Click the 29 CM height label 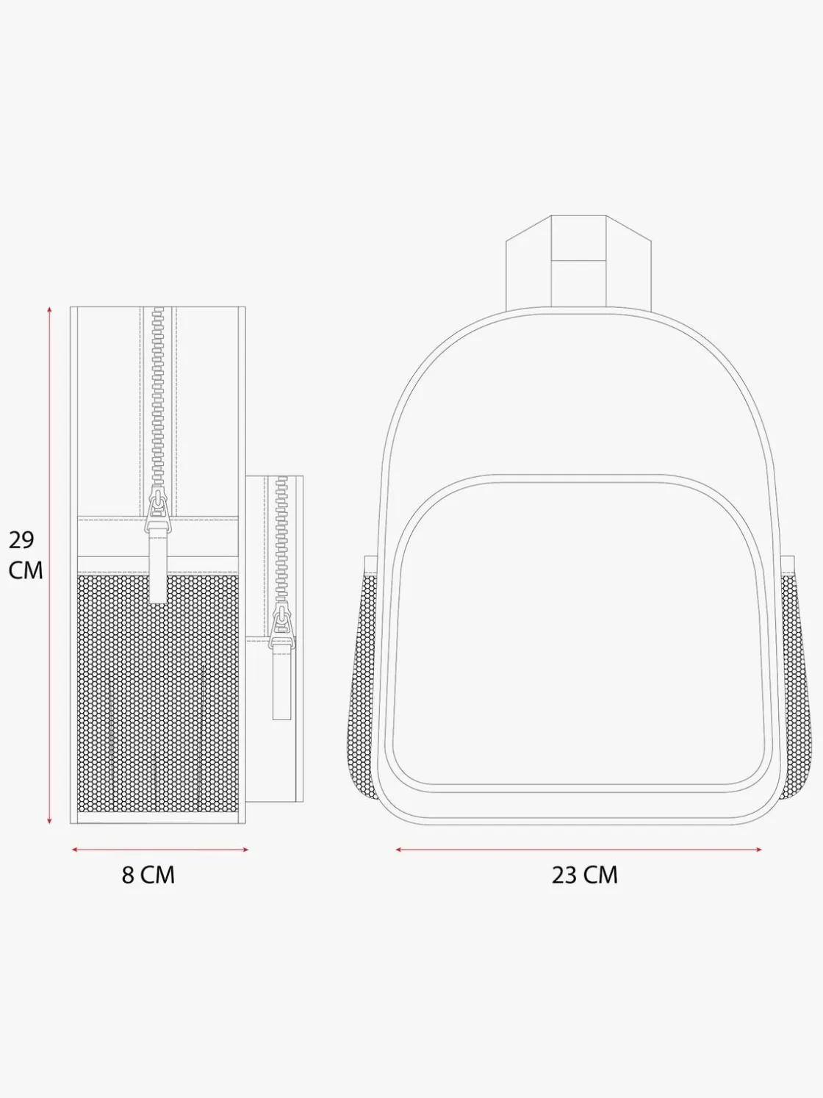[26, 556]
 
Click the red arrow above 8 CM [160, 850]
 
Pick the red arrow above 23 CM [579, 850]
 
